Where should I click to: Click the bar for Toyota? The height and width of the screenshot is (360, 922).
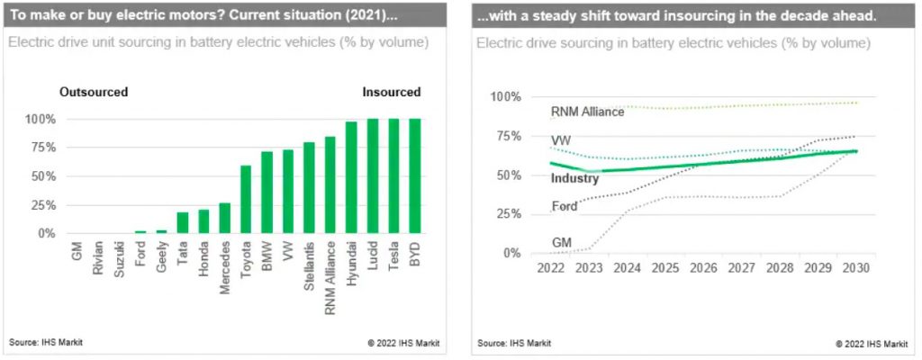pyautogui.click(x=245, y=200)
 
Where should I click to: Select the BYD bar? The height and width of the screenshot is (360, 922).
pyautogui.click(x=414, y=176)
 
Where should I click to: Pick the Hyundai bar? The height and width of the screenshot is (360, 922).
pyautogui.click(x=351, y=177)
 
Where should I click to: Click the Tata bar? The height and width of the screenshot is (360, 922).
pyautogui.click(x=182, y=222)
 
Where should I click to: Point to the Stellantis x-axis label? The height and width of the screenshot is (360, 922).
pyautogui.click(x=309, y=263)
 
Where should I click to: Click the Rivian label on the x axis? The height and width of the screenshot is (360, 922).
pyautogui.click(x=98, y=256)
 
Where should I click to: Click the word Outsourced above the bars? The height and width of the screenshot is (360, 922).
pyautogui.click(x=94, y=92)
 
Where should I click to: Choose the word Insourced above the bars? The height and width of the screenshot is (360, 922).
pyautogui.click(x=391, y=92)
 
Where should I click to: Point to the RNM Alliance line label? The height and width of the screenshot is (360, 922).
pyautogui.click(x=587, y=112)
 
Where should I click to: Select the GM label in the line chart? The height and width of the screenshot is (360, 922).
pyautogui.click(x=562, y=241)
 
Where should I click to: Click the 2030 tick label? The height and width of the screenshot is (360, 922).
pyautogui.click(x=853, y=269)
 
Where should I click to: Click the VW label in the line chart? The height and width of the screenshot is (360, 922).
pyautogui.click(x=561, y=140)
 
